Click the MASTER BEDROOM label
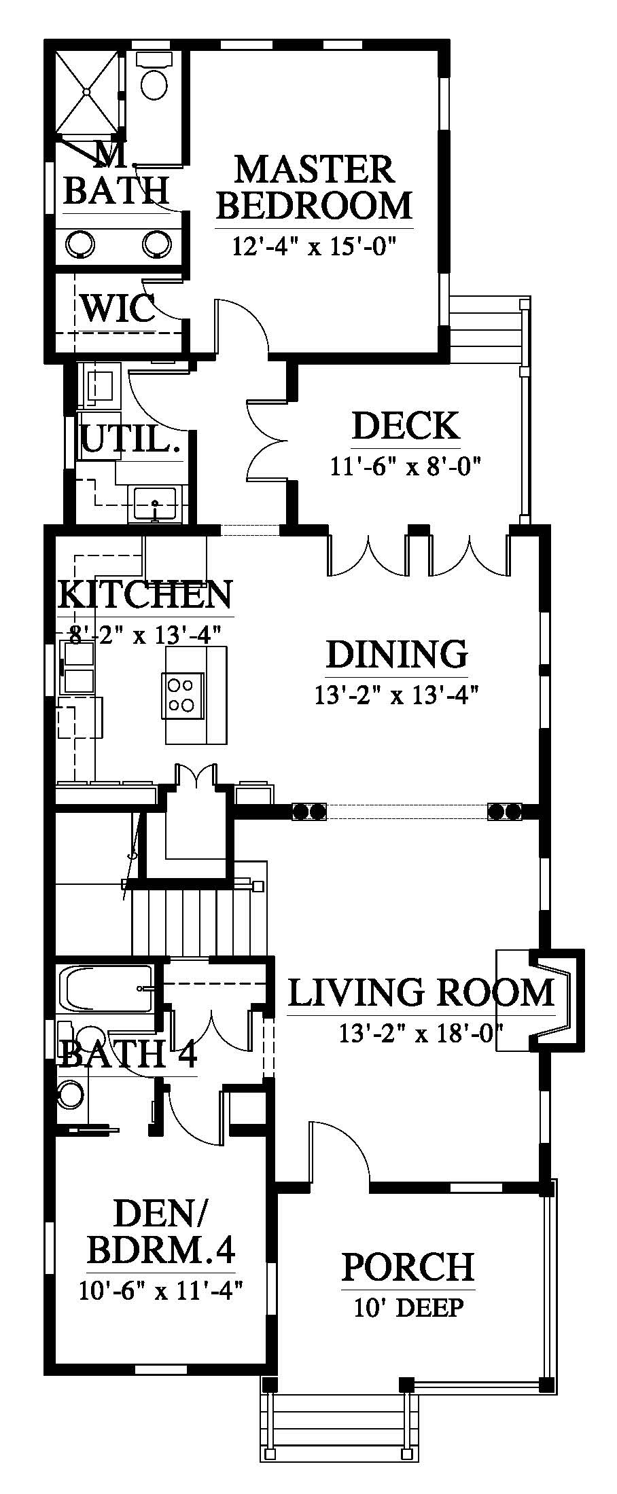click(315, 187)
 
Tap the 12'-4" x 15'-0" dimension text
click(314, 245)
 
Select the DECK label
click(406, 426)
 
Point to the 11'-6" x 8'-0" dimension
click(406, 467)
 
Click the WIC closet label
click(118, 308)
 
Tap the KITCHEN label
click(145, 594)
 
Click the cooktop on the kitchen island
click(182, 695)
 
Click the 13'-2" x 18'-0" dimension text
click(421, 1034)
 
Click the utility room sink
click(156, 503)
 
